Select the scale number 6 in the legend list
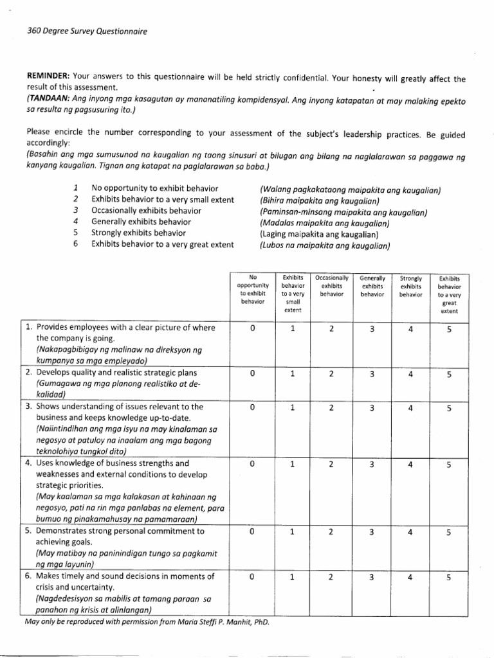[x=76, y=244]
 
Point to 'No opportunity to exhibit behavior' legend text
[x=155, y=188]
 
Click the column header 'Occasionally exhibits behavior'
[x=331, y=285]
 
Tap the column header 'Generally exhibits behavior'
[x=372, y=285]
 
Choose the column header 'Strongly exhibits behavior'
[x=410, y=285]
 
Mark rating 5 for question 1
[x=449, y=329]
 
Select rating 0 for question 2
[x=253, y=373]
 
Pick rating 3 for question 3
[x=372, y=407]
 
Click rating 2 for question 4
[x=331, y=464]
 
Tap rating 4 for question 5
[x=410, y=533]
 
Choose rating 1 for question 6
[x=292, y=577]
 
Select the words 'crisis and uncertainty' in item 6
[x=75, y=587]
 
